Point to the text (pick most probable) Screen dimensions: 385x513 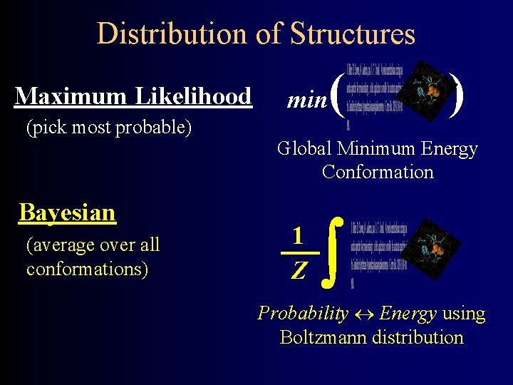pos(109,128)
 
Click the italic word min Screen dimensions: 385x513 pos(306,101)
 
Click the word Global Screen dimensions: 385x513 pos(305,149)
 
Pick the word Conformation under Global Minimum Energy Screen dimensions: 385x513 pos(378,172)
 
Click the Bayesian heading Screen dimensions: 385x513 pos(68,212)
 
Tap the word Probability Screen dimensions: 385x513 pos(303,314)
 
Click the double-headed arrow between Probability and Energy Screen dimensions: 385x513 pos(363,314)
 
